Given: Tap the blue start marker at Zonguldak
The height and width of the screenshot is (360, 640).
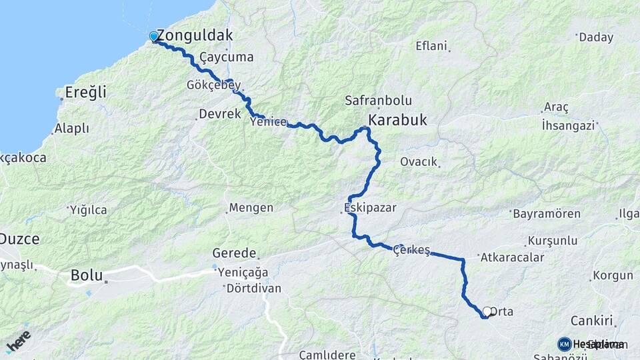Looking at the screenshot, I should (x=154, y=36).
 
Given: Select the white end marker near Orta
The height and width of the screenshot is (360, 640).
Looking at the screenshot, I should (x=487, y=311).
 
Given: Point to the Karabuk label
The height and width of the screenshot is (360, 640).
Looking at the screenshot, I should (x=397, y=121).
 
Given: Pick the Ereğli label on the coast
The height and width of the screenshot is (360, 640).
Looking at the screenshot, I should (x=86, y=93).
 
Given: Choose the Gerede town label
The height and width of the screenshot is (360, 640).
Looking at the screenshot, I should (x=234, y=253).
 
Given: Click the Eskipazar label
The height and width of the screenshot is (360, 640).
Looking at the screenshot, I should (x=367, y=207).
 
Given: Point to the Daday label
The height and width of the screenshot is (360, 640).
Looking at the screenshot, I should (x=595, y=37).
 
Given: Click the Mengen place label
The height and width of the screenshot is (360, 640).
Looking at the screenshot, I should (x=251, y=208).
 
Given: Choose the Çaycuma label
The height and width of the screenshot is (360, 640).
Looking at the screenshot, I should (x=230, y=57).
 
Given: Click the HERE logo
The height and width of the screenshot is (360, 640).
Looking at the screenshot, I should (x=18, y=340).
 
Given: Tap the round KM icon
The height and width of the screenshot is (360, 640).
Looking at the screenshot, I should (x=565, y=344).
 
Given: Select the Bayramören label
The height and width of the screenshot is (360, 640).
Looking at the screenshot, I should (x=547, y=214).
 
